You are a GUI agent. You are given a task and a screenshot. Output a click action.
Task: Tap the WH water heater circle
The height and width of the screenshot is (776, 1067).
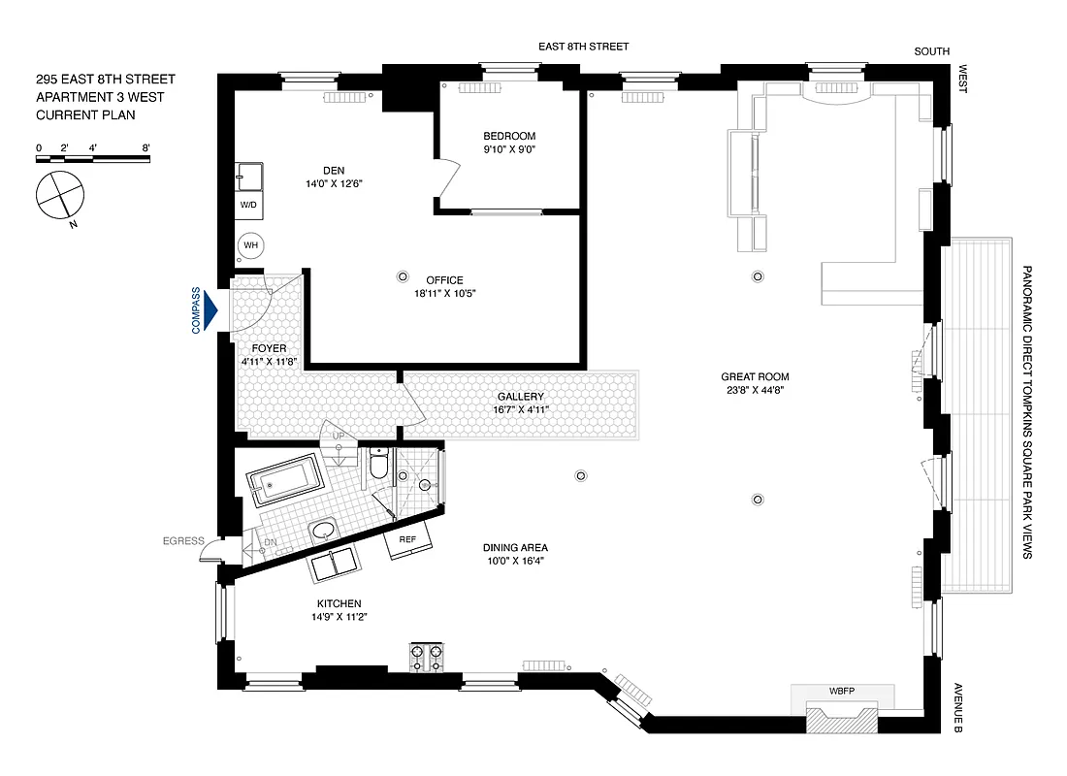pos(251,245)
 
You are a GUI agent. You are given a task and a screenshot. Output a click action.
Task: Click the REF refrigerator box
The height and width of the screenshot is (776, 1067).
pos(407,541)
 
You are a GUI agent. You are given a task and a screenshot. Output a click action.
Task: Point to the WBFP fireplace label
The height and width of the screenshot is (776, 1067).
pos(841,691)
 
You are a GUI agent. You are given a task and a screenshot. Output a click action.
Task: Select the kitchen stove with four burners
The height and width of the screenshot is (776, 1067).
pos(426,659)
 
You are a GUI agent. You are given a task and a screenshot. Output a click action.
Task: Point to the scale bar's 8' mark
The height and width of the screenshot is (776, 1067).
pos(145,148)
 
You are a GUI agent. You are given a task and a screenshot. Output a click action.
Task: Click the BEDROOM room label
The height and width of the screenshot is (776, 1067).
pos(509,136)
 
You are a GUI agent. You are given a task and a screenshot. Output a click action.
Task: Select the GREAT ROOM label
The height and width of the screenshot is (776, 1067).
pos(754,377)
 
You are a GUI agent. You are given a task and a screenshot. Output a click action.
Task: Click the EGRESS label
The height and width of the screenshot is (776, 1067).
pos(183,541)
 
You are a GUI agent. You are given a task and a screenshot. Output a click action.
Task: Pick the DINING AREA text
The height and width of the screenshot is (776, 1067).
pos(515,547)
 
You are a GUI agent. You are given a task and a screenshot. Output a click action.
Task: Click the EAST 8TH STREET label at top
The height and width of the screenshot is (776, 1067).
pos(584,47)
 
